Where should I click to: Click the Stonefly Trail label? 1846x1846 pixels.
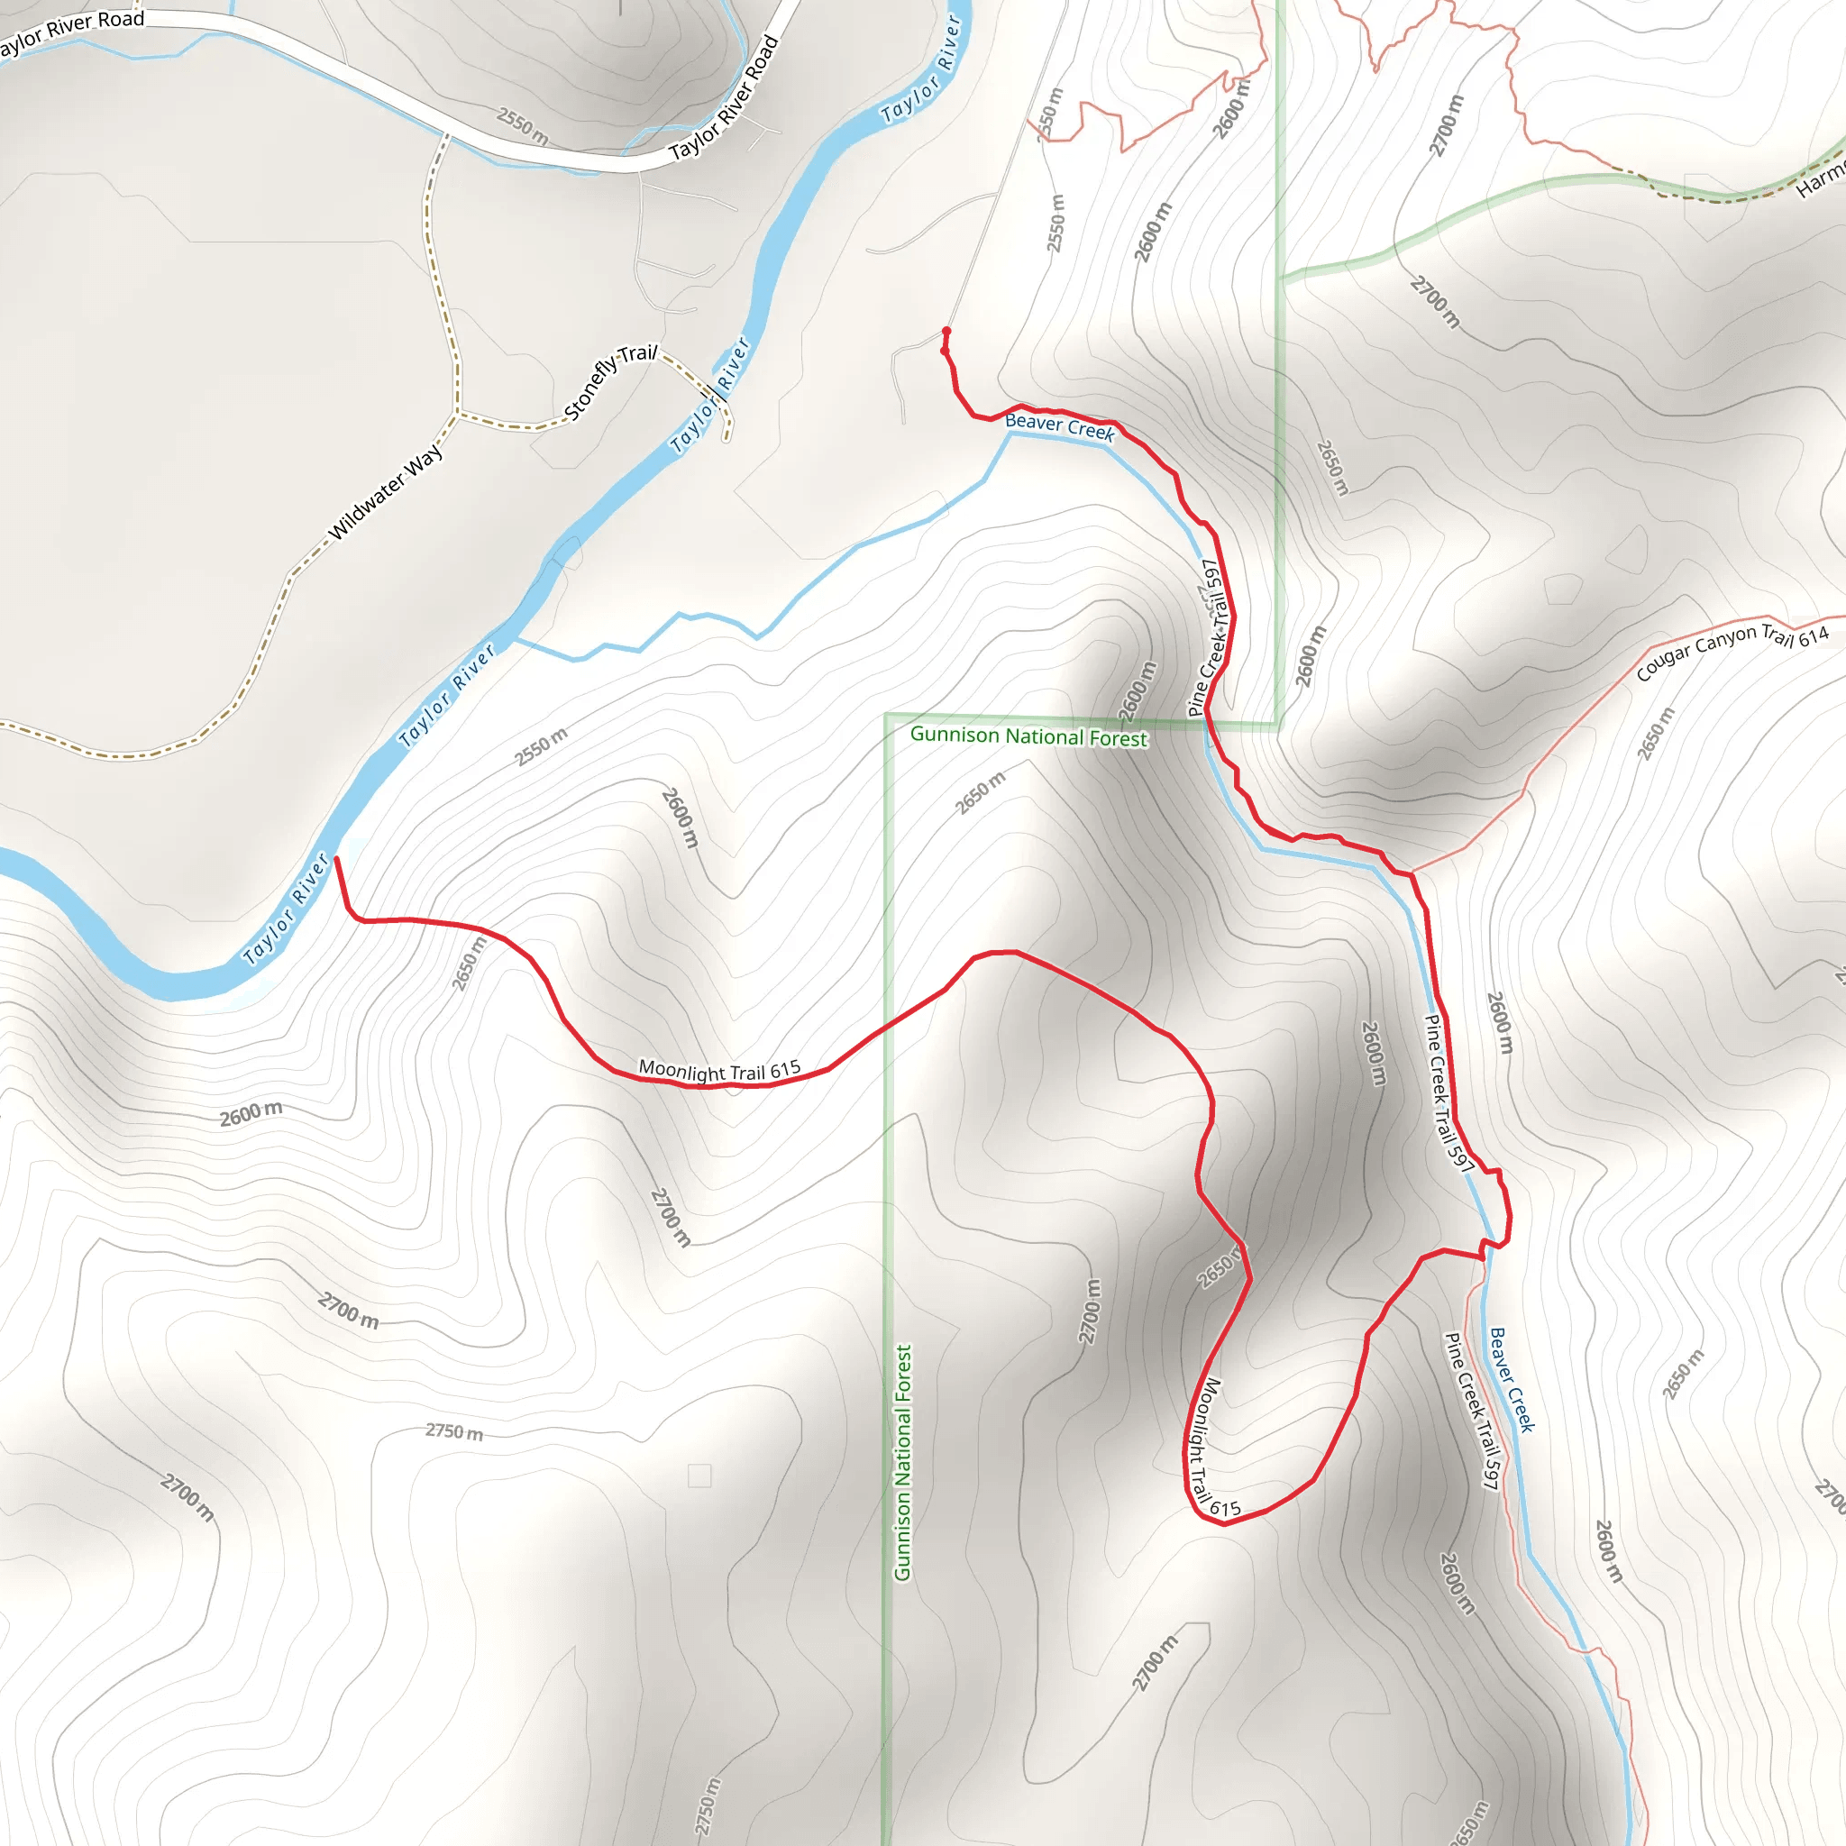610,381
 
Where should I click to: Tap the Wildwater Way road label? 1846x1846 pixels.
385,492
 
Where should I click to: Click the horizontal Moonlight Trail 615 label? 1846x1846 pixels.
719,1070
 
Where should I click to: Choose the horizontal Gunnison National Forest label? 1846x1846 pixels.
1028,736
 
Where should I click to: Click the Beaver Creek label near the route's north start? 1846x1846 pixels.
1060,426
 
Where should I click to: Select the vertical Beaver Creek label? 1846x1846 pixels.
1512,1380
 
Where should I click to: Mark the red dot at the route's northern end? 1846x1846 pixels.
946,332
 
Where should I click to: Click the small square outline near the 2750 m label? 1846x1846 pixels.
699,1476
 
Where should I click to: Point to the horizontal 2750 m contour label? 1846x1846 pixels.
454,1431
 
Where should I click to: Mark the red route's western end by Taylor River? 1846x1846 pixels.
335,860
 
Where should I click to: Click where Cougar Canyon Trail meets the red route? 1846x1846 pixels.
1412,873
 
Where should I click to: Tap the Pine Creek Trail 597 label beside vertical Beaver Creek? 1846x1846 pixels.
1471,1410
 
